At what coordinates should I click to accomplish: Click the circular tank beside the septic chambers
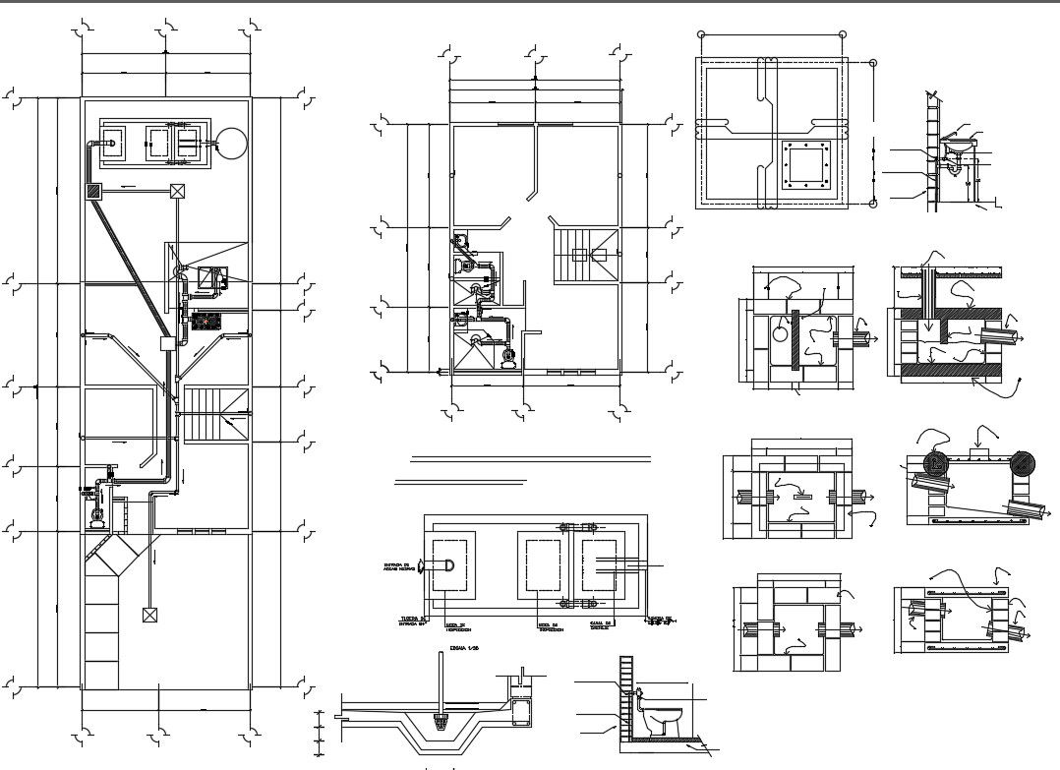[x=231, y=144]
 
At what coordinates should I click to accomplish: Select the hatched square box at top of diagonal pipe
[x=94, y=191]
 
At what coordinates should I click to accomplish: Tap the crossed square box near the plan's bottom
[x=149, y=616]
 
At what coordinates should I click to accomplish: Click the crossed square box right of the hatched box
[x=178, y=191]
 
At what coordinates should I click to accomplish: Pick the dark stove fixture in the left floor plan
[x=206, y=321]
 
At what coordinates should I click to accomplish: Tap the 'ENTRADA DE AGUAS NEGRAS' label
[x=399, y=566]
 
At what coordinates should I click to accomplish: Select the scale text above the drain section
[x=458, y=649]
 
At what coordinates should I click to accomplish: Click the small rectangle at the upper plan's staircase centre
[x=580, y=254]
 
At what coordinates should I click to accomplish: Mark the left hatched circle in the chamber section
[x=935, y=465]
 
